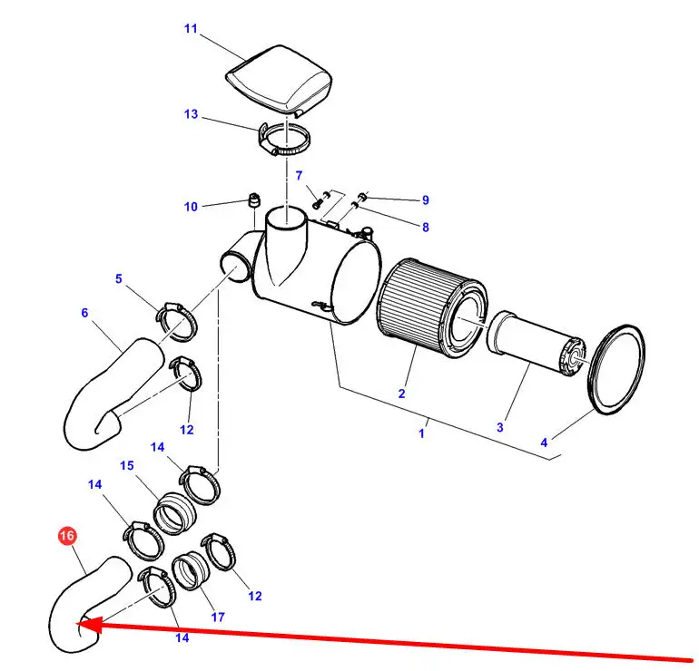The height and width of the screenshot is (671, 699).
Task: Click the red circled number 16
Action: point(66,537)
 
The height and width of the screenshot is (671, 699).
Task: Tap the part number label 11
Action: point(191,29)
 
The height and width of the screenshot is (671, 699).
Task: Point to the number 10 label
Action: point(191,207)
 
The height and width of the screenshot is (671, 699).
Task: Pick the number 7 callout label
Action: point(299,175)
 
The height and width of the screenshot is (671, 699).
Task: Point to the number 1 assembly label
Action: point(421,433)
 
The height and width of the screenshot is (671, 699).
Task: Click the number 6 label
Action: point(84,313)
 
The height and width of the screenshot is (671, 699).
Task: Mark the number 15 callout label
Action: point(127,465)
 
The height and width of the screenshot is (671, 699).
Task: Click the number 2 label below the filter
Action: point(401,394)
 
